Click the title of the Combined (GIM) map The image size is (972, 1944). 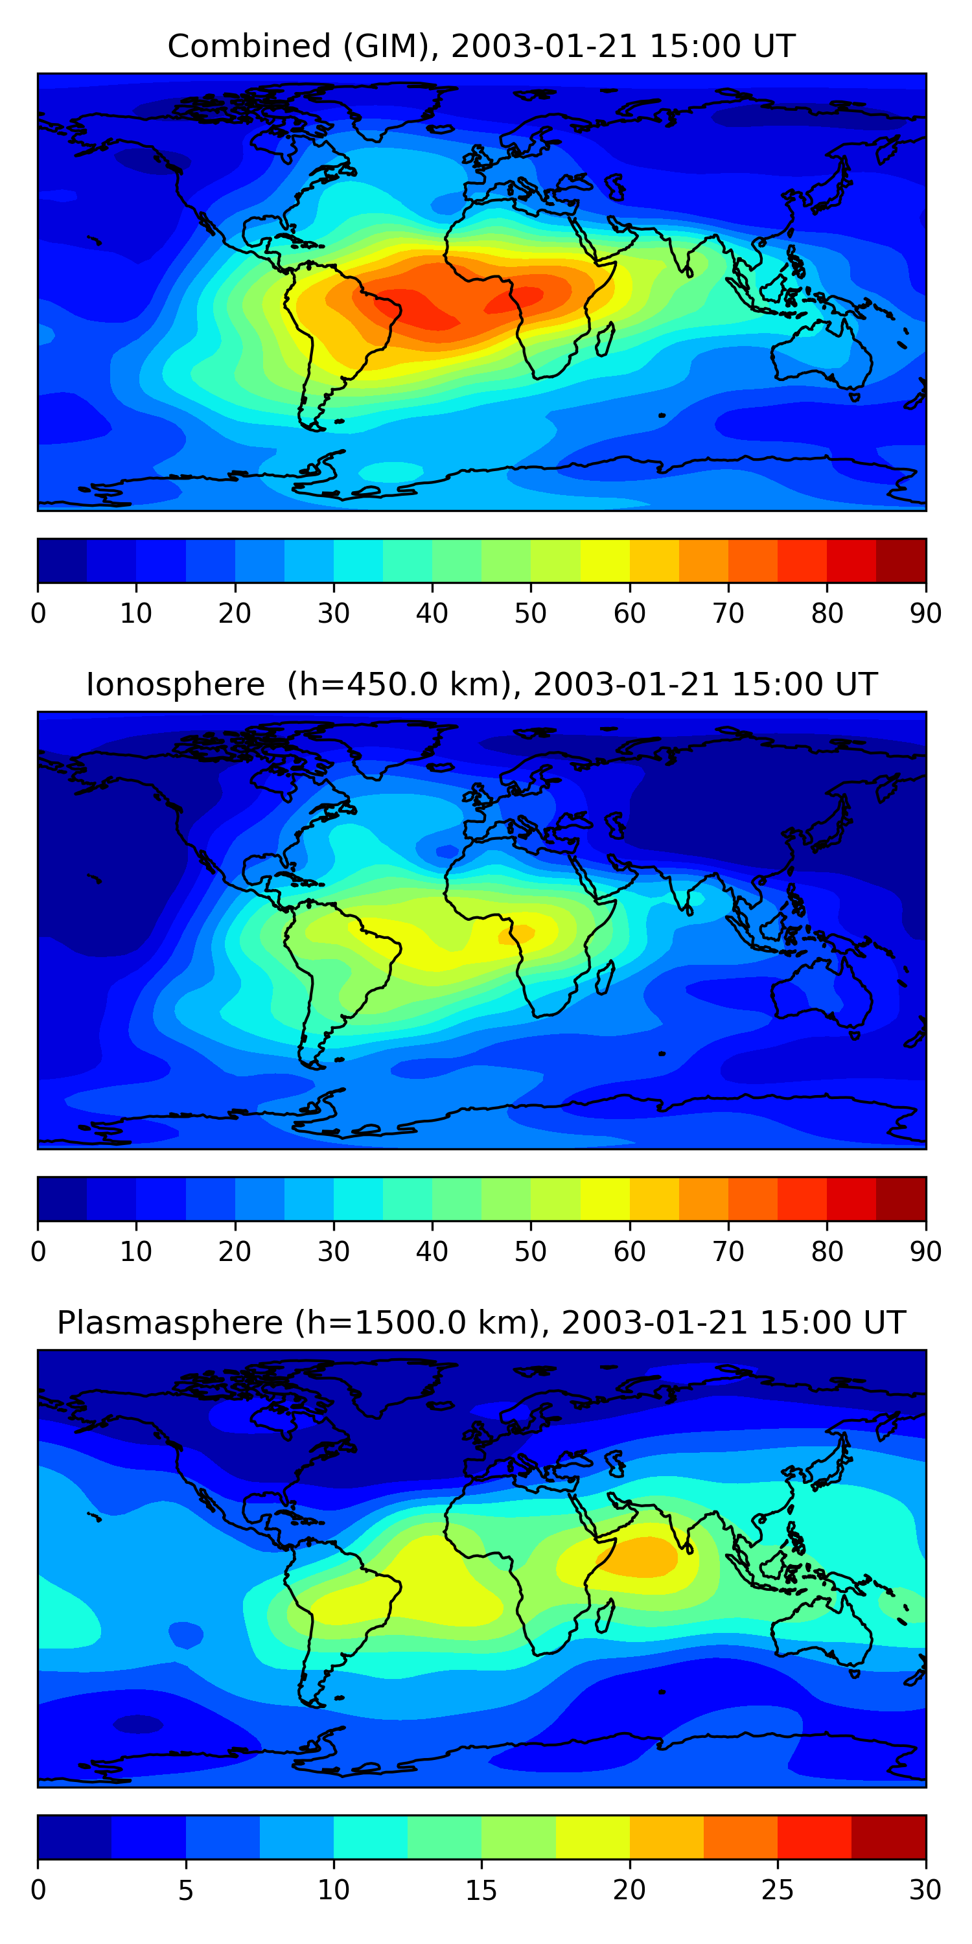tap(481, 46)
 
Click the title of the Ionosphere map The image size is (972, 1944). tap(481, 684)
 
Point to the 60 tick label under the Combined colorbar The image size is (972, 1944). tap(629, 614)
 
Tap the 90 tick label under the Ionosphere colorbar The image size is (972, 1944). tap(925, 1252)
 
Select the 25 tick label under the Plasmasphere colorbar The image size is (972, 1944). tap(778, 1890)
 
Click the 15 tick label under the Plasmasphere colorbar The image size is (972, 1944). tap(481, 1890)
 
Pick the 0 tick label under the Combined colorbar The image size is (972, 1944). tap(38, 614)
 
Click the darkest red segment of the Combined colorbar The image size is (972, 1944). tap(901, 561)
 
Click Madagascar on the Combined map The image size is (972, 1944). tap(605, 339)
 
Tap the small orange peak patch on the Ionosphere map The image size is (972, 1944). tap(516, 934)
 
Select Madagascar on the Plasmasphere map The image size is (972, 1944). tap(605, 1615)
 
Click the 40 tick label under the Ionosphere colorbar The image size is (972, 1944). tap(432, 1252)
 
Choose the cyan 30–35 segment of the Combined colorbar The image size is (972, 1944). tap(358, 561)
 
